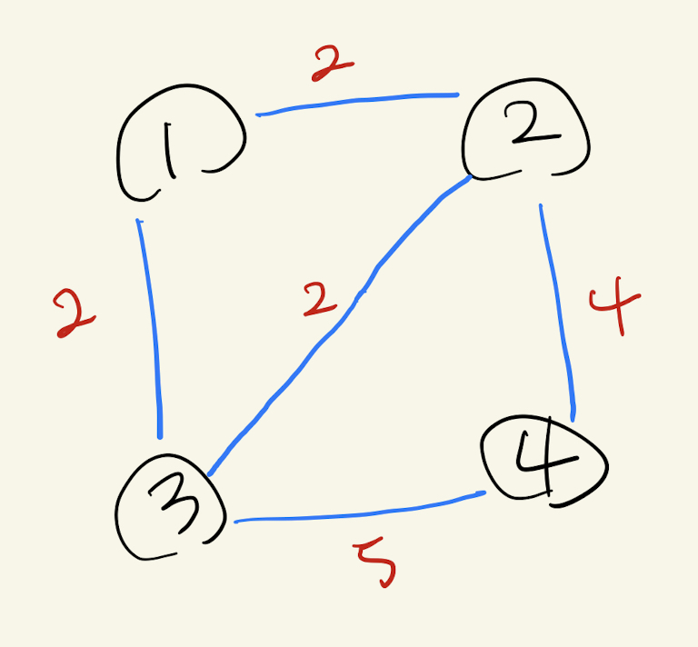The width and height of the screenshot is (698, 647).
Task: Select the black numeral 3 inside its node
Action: coord(179,510)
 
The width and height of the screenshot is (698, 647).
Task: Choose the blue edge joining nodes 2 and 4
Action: coord(557,309)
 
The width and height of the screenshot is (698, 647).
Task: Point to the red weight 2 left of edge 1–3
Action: coord(75,314)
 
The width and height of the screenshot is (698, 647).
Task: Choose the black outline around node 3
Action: coord(118,518)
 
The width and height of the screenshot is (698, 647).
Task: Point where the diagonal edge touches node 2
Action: coord(471,179)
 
